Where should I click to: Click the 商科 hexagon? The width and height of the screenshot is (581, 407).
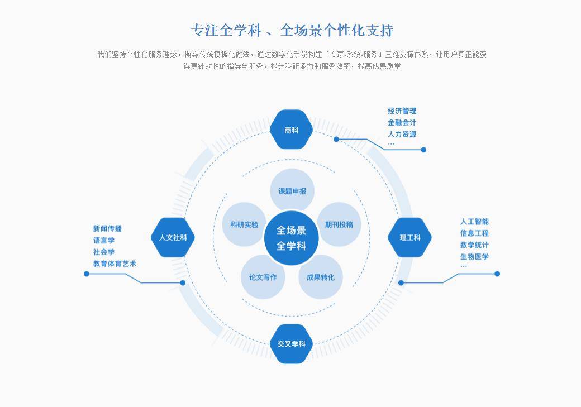point(291,130)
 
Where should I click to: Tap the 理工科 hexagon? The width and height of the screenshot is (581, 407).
point(409,237)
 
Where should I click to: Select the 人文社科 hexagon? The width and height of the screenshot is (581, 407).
point(173,237)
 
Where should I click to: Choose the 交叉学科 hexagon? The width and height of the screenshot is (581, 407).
point(291,344)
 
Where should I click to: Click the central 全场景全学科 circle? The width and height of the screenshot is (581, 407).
point(291,238)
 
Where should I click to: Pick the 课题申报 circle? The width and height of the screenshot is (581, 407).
point(292,191)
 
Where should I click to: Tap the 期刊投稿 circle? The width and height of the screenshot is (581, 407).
point(339,224)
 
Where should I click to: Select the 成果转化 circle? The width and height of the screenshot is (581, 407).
point(321,277)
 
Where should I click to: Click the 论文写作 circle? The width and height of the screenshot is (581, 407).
point(263,277)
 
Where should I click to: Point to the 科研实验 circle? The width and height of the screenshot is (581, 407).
point(244,224)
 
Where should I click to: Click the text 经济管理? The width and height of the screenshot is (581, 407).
point(402,111)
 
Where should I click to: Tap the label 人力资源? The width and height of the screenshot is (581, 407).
point(402,134)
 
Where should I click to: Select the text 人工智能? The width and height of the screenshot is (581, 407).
point(474,222)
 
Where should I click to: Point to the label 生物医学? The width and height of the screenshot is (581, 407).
point(474,257)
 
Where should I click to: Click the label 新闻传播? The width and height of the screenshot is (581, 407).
point(107,228)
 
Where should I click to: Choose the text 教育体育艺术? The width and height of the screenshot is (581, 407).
point(115,264)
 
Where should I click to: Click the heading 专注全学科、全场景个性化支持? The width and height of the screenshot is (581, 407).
point(292,30)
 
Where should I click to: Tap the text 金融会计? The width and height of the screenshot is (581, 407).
point(402,122)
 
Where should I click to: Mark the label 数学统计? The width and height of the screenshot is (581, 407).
point(474,245)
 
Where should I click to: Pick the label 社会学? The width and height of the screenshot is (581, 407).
point(104,252)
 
